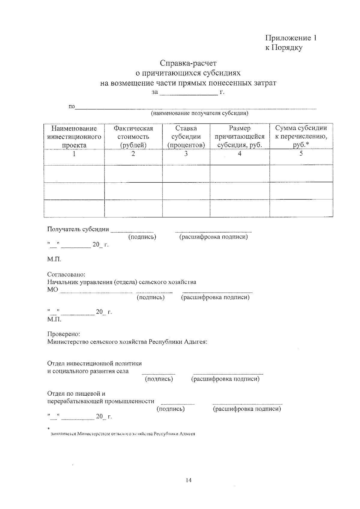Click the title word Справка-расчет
tap(188, 63)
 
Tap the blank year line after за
tap(189, 93)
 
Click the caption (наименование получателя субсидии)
tap(199, 113)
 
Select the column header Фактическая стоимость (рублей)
tap(133, 137)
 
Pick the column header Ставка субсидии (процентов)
tap(186, 137)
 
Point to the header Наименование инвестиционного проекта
tap(74, 137)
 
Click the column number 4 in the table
tap(239, 154)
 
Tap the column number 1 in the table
tap(74, 154)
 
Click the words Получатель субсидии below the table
tap(78, 229)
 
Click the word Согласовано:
tap(66, 274)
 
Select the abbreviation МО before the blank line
tap(52, 290)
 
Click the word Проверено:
tap(64, 334)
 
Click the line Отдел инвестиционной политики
tap(94, 364)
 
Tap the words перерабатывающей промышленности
tap(101, 401)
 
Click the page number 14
tap(188, 480)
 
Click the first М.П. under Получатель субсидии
tap(54, 259)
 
